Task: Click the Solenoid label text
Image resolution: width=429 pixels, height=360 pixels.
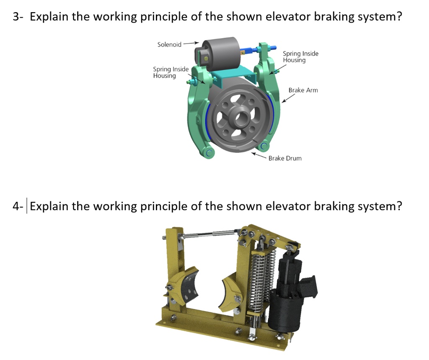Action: [169, 44]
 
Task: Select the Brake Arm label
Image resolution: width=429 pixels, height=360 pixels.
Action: [303, 90]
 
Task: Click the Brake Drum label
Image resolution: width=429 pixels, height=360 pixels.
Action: [285, 158]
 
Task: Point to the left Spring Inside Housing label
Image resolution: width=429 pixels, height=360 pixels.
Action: [171, 72]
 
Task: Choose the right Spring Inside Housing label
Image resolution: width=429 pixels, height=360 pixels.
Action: [300, 57]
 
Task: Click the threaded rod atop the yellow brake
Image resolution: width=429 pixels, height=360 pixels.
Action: [209, 236]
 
